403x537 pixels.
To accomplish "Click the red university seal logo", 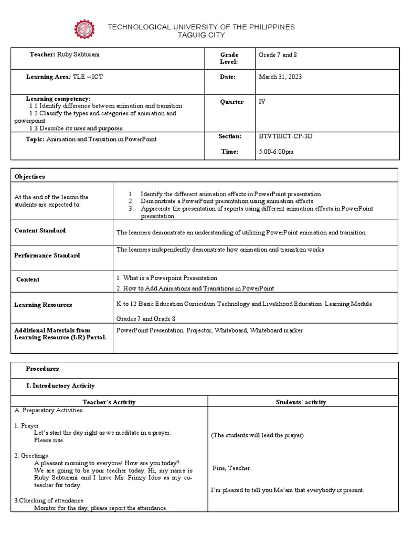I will [x=84, y=30].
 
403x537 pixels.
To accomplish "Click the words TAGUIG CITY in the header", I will [x=201, y=35].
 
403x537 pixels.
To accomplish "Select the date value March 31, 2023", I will [x=280, y=77].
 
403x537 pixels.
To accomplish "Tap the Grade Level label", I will [x=229, y=58].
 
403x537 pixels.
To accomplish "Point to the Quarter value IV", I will [x=262, y=102].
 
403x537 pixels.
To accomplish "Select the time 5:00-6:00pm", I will [x=276, y=152].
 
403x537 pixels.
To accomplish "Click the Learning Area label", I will [x=49, y=77].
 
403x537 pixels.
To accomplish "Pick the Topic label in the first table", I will [x=36, y=139].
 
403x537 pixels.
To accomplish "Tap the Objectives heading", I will [x=29, y=177].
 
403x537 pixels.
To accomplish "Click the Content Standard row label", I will [x=40, y=230].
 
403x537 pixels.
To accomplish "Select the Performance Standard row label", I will [x=47, y=255].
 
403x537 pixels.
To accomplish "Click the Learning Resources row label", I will [x=43, y=305].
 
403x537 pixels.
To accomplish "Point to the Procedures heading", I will [x=43, y=369].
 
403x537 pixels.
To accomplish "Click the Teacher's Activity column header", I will [x=109, y=402].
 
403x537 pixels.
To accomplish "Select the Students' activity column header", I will [x=301, y=402].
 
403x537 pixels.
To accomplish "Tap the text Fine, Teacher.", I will [x=232, y=468].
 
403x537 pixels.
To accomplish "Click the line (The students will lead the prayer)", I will [x=257, y=435].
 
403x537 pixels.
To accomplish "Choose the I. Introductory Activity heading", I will [x=60, y=385].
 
